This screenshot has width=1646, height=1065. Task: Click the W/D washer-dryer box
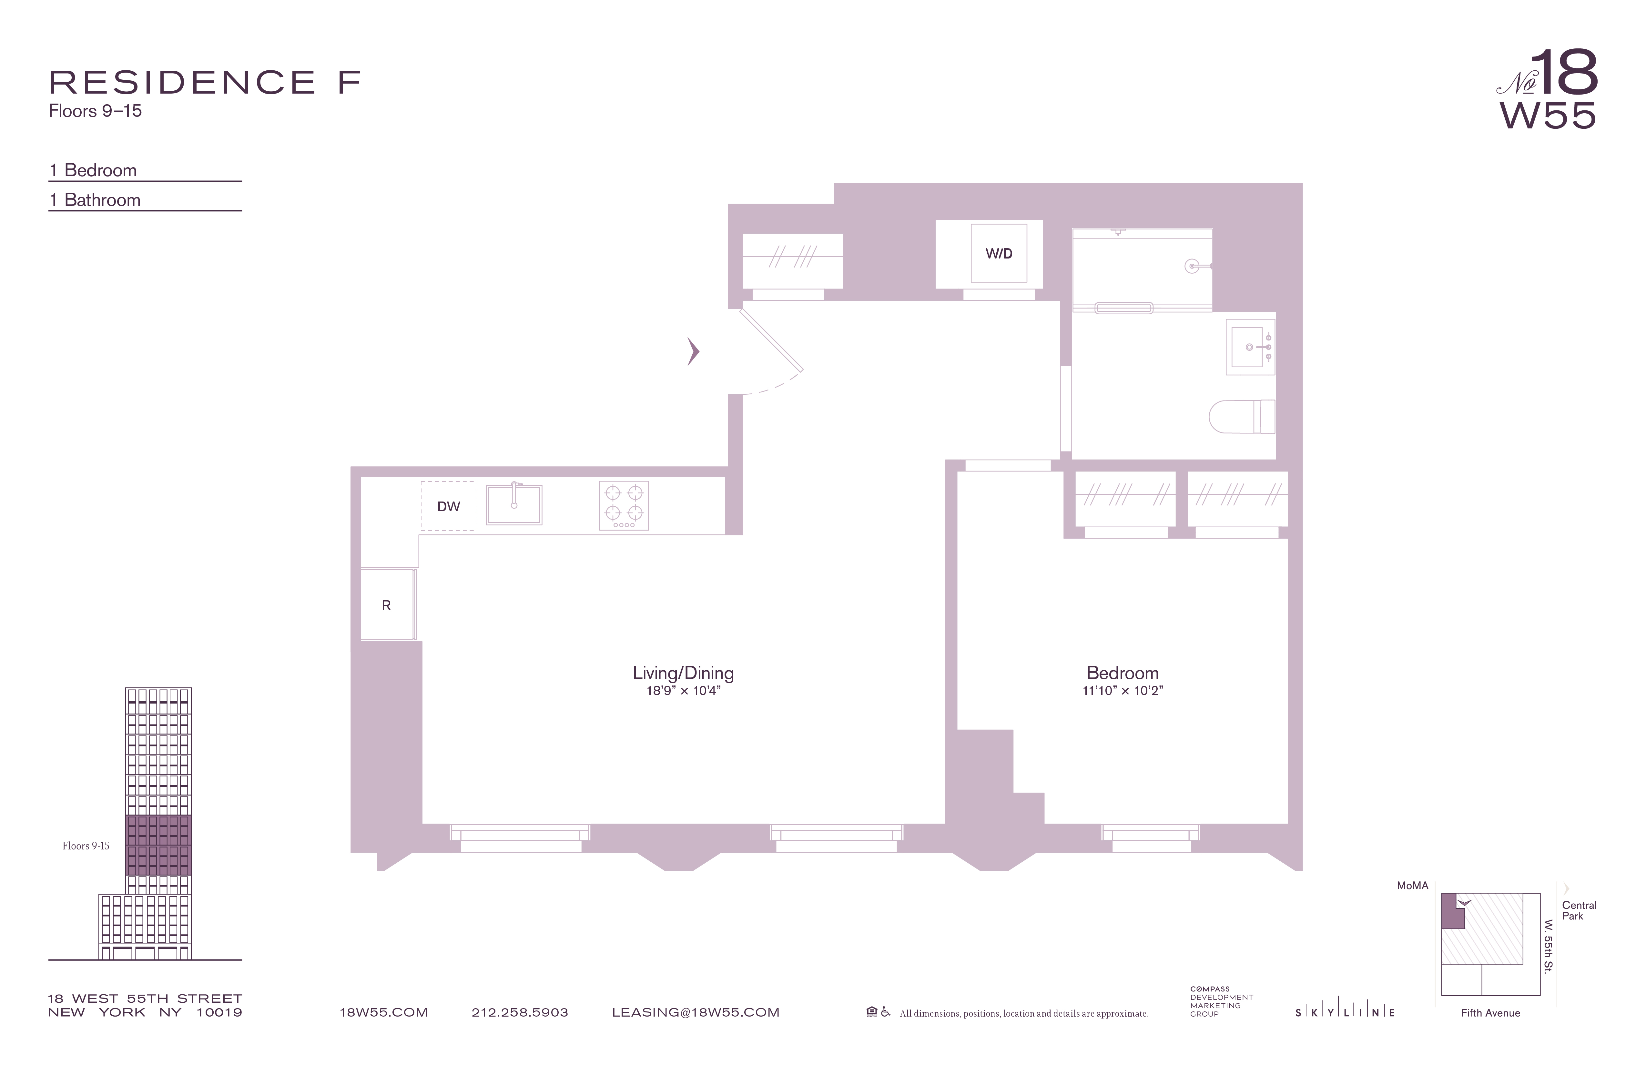pos(998,253)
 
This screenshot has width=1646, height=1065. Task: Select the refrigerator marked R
pos(387,605)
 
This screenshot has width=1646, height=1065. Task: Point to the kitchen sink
pos(514,505)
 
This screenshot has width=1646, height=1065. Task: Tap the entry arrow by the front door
pos(693,351)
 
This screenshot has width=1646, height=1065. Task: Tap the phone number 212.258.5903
pos(519,1012)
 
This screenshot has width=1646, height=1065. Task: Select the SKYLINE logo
pos(1345,1012)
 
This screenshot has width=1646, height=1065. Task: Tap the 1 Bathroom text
pos(95,200)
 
